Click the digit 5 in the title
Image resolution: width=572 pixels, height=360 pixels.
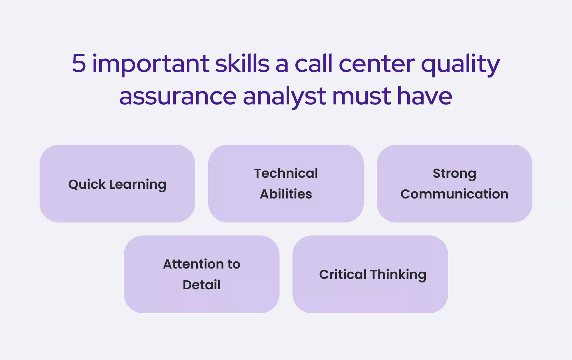pos(79,63)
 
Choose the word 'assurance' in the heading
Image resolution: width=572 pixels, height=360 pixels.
pos(178,97)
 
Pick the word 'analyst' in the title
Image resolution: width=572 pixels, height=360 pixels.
pos(284,97)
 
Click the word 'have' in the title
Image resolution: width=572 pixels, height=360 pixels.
pos(425,95)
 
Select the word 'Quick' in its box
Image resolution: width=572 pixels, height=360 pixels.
pos(87,184)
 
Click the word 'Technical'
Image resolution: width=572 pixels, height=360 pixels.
pos(286,173)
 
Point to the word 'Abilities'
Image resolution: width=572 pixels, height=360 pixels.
pos(286,194)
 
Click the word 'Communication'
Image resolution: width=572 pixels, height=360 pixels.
pos(455,194)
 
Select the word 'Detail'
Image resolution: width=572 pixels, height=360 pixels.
pos(202,285)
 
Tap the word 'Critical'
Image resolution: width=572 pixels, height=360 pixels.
pos(343,274)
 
